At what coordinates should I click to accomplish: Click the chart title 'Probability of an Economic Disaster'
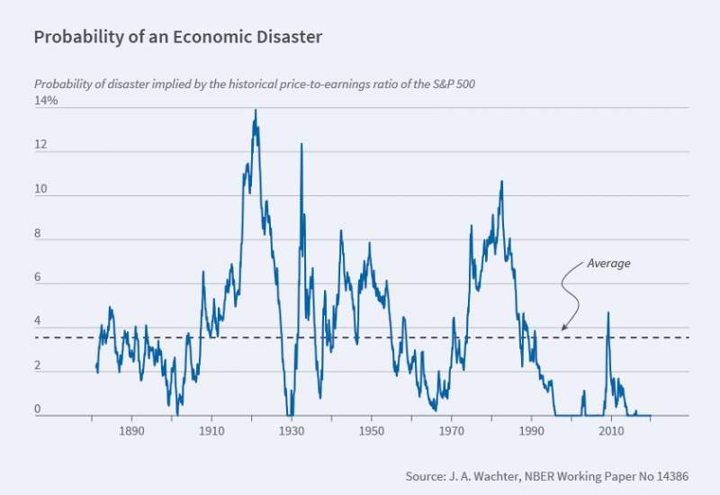[x=178, y=38]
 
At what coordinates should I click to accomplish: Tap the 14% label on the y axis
[x=46, y=101]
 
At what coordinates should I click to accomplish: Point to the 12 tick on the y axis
[x=40, y=146]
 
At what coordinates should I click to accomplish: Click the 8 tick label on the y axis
[x=38, y=234]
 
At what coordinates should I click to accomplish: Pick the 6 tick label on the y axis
[x=38, y=278]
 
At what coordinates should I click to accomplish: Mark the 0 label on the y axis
[x=38, y=409]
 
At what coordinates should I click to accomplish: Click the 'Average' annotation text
[x=608, y=264]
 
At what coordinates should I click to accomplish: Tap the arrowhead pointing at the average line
[x=563, y=328]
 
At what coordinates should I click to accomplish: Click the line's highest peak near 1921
[x=256, y=111]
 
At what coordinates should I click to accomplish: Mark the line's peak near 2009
[x=608, y=313]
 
